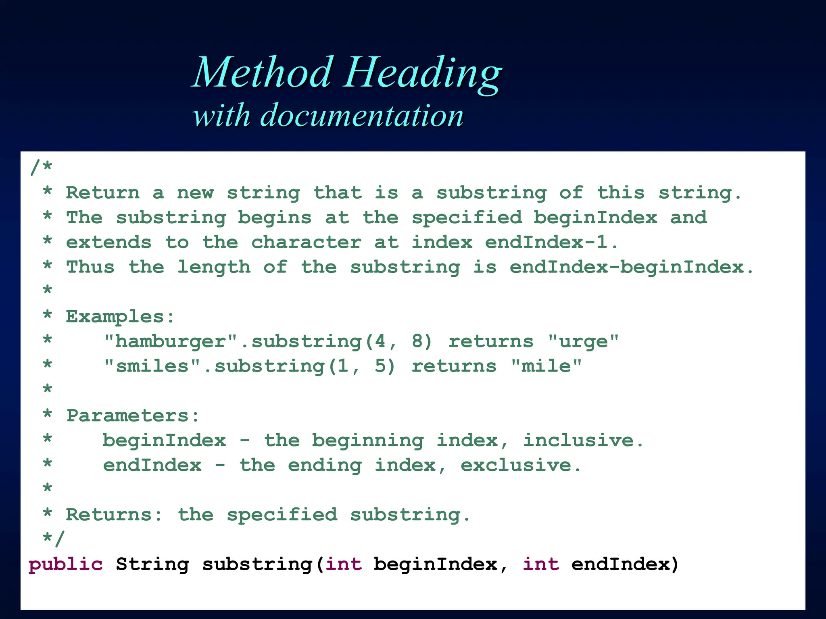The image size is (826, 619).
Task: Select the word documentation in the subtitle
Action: point(362,116)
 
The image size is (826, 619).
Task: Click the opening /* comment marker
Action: point(41,167)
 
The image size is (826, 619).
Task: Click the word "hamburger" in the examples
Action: point(171,342)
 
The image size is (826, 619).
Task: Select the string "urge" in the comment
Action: point(583,342)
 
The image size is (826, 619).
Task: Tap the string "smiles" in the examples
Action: point(152,366)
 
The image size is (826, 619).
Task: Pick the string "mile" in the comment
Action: point(546,366)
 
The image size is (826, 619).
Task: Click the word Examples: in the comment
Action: point(120,317)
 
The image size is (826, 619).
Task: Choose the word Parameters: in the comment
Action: point(133,416)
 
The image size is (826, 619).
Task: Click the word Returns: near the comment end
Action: point(114,515)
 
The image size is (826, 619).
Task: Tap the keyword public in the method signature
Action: point(66,564)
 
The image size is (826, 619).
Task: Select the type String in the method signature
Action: point(152,564)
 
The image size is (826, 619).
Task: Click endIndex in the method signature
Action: point(621,564)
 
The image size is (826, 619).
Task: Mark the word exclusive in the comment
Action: point(516,465)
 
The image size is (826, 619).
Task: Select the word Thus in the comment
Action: point(91,267)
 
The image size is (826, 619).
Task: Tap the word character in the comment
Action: point(306,243)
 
